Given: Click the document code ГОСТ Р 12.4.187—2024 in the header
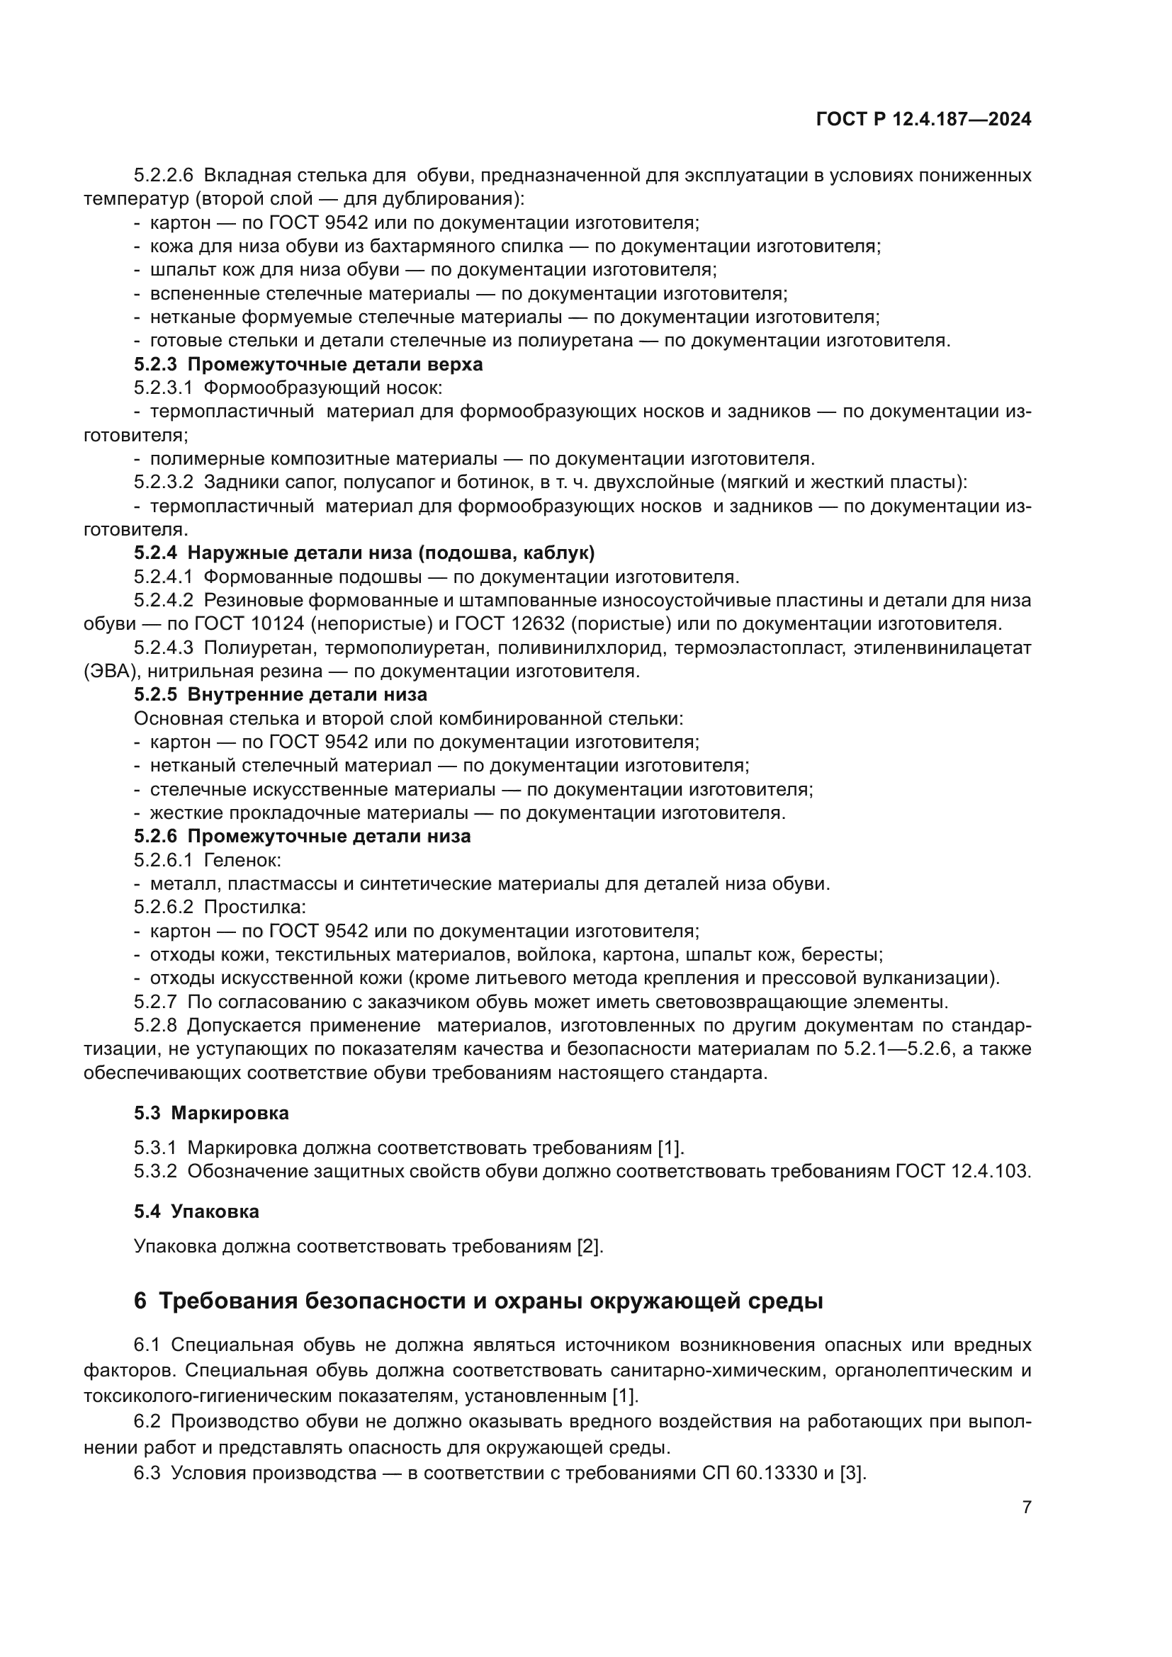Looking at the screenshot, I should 923,120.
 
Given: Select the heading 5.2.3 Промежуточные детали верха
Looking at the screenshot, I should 308,364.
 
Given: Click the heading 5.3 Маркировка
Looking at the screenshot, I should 210,1113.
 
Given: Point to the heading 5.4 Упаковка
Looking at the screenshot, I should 196,1211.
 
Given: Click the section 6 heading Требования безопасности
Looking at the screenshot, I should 478,1301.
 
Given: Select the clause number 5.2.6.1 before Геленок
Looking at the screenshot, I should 163,860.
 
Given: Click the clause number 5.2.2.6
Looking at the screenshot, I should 163,176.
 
